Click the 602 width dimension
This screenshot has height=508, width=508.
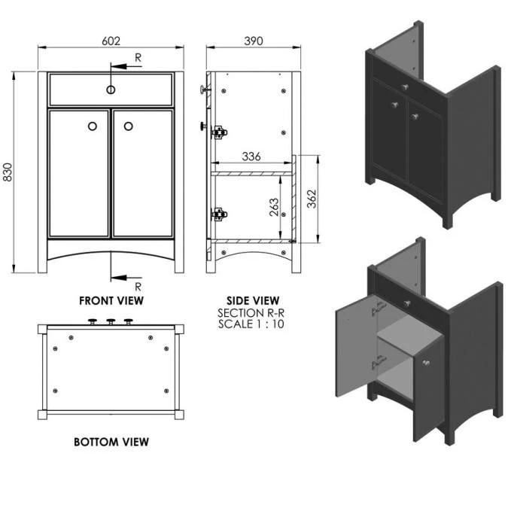pos(111,42)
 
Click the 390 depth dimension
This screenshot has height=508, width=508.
pos(254,42)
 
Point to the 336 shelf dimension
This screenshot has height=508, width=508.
pos(251,157)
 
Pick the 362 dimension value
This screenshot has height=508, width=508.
pos(312,199)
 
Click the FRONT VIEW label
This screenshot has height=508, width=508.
pos(111,300)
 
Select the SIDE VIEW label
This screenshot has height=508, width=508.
pos(253,300)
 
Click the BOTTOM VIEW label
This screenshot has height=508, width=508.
pos(111,442)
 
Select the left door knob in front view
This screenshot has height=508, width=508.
pos(93,126)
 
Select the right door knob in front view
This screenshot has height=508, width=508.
pos(128,126)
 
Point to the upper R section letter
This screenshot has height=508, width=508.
pos(138,57)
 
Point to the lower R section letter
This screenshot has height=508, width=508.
pos(138,286)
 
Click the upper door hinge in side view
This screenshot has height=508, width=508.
pos(218,132)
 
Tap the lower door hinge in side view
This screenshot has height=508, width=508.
pos(218,214)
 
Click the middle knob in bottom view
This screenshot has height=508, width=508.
pos(111,323)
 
